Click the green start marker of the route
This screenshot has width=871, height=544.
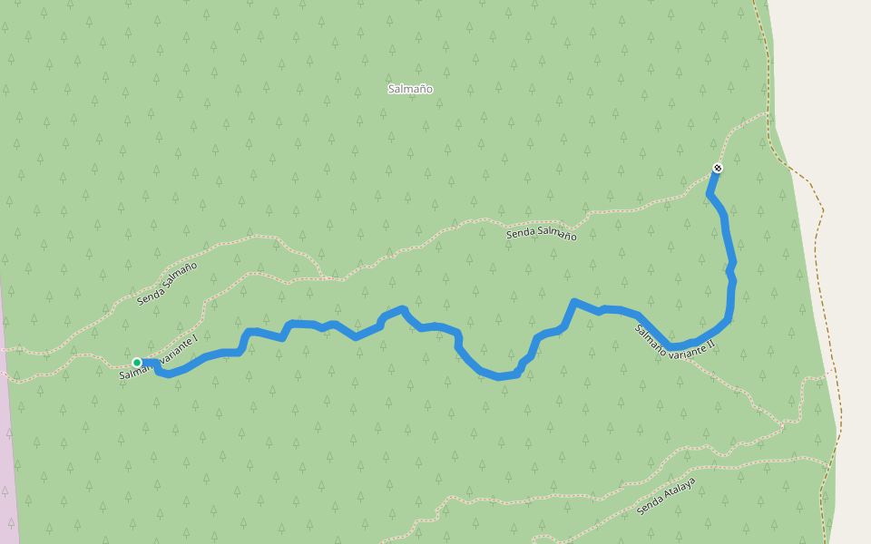point(137,363)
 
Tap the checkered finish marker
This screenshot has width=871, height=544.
point(718,168)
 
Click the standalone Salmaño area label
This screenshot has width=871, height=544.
point(409,89)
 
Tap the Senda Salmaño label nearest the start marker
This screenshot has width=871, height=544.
point(167,283)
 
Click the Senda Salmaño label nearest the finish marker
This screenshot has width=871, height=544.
point(541,234)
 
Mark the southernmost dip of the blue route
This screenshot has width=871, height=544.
point(499,376)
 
